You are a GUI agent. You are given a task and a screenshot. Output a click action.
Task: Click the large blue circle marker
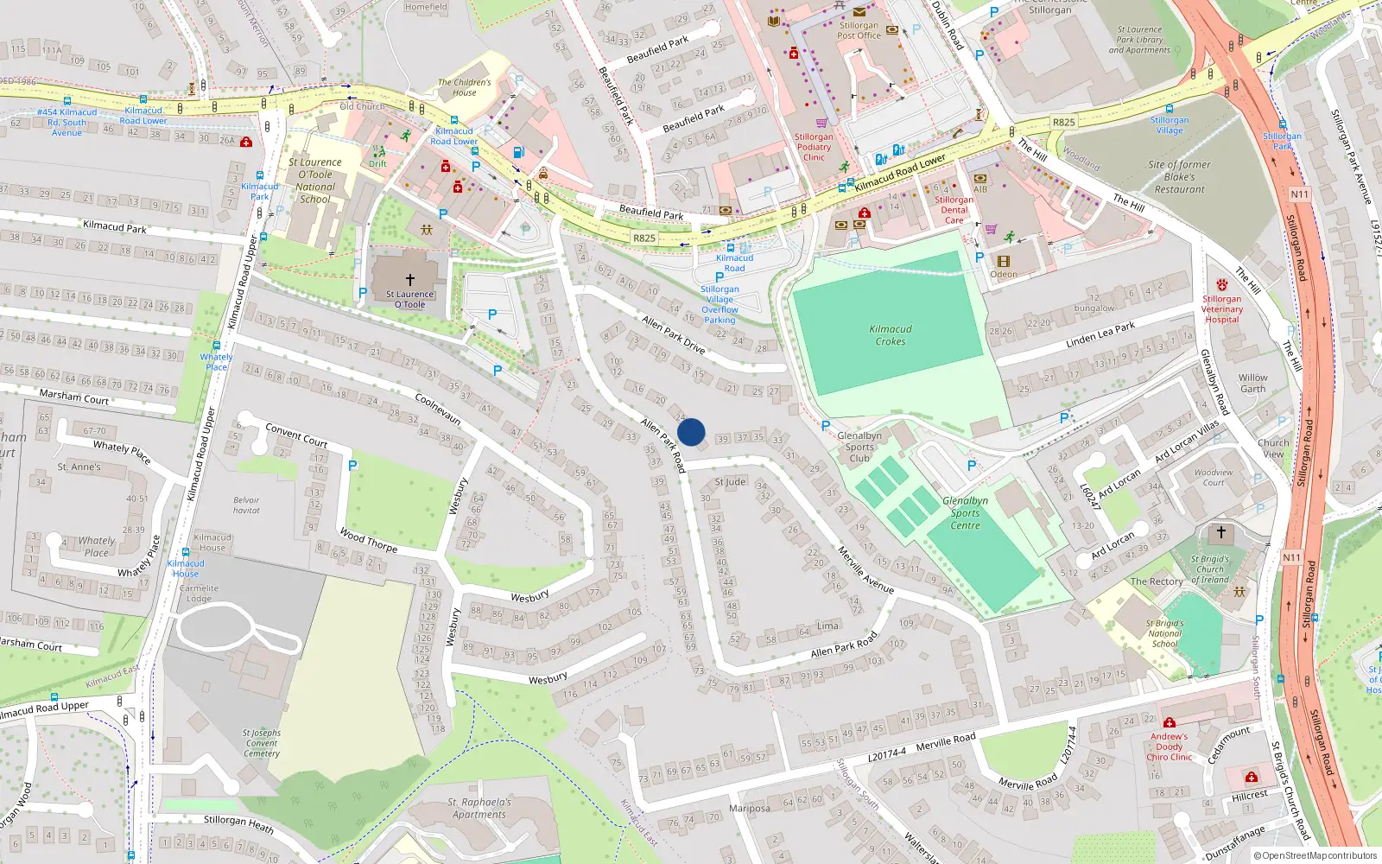(x=691, y=432)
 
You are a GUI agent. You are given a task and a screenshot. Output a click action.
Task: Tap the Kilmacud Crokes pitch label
(x=891, y=335)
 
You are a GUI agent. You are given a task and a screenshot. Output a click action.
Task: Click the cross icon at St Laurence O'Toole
(x=410, y=280)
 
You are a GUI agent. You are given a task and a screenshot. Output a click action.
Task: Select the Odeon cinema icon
(x=1003, y=261)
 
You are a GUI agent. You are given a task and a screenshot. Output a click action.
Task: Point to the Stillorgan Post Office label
(x=859, y=30)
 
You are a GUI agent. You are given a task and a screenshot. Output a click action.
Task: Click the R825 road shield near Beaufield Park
(x=644, y=238)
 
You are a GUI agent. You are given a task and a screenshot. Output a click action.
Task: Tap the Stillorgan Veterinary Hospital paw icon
(x=1221, y=285)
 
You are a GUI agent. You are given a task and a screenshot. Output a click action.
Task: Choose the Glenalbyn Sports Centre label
(x=965, y=513)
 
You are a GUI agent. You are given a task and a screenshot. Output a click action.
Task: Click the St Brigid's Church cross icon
(x=1220, y=532)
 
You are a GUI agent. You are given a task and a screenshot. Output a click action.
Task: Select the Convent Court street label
(x=296, y=435)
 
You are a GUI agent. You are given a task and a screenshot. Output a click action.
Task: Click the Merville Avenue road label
(x=865, y=569)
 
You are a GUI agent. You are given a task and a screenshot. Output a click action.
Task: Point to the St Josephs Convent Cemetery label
(x=262, y=743)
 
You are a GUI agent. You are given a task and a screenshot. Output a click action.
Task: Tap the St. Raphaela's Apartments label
(x=479, y=808)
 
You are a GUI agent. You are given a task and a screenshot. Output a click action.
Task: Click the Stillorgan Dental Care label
(x=954, y=210)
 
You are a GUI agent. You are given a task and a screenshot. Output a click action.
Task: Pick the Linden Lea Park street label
(x=1100, y=334)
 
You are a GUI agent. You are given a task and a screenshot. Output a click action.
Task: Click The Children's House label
(x=464, y=87)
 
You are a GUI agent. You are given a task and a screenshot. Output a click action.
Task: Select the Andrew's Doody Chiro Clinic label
(x=1170, y=746)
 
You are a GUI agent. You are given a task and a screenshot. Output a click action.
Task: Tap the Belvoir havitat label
(x=246, y=505)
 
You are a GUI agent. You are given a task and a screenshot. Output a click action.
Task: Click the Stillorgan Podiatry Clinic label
(x=814, y=147)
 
